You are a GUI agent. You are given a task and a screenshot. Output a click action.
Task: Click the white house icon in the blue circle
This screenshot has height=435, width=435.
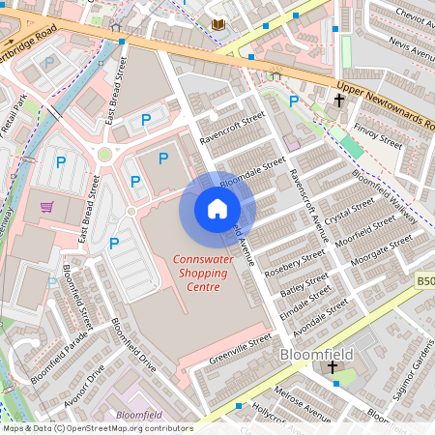pos(217,208)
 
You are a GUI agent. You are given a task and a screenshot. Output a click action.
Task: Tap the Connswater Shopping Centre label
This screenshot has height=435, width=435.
pos(202,273)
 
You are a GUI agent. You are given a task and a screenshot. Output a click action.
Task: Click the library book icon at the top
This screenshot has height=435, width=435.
pos(217,23)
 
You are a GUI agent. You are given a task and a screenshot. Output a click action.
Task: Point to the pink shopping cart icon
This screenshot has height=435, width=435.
pos(46,207)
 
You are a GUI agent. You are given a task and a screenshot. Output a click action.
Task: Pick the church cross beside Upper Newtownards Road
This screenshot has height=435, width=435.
pos(339,100)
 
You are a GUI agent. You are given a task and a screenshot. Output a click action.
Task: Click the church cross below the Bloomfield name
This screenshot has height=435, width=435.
pos(333,368)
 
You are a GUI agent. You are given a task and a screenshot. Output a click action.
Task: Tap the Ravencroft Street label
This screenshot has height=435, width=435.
pos(231,133)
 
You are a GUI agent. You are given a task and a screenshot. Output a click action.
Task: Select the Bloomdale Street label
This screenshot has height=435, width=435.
pos(253,172)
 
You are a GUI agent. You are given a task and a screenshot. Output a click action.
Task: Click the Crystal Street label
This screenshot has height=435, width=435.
pos(349,210)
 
